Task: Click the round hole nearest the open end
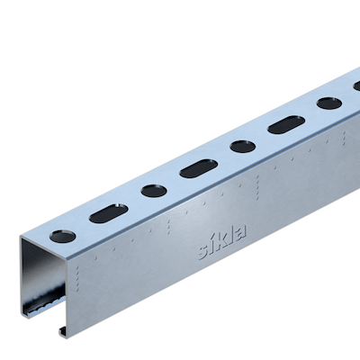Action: pyautogui.click(x=62, y=236)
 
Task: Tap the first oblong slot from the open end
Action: pyautogui.click(x=109, y=213)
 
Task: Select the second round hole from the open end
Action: pyautogui.click(x=154, y=191)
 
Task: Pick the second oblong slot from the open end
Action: pyautogui.click(x=199, y=169)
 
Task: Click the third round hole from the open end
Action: pyautogui.click(x=243, y=147)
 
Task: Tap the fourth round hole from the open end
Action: pyautogui.click(x=329, y=103)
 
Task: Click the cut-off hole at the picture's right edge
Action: pyautogui.click(x=356, y=86)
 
